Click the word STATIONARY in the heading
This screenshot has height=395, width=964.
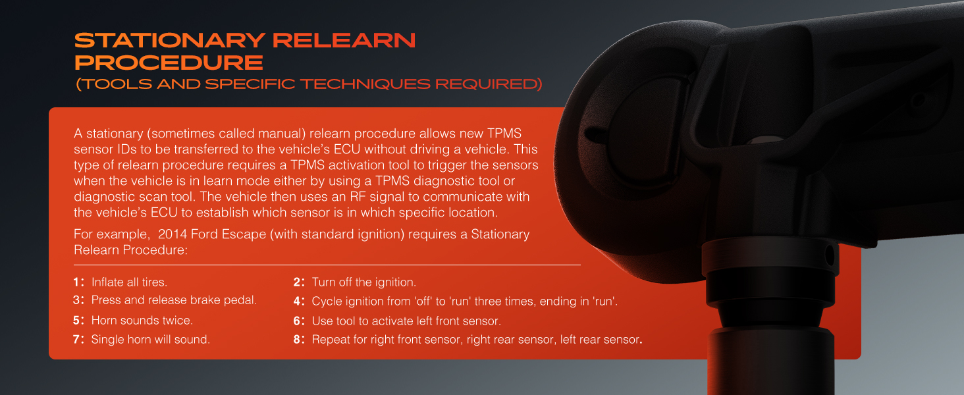(170, 40)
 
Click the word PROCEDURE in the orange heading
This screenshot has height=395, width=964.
(169, 63)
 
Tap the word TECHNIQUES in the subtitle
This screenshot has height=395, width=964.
(365, 84)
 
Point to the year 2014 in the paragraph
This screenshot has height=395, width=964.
(172, 234)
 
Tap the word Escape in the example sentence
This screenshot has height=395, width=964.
(245, 235)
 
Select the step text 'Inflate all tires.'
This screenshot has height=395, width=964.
(129, 282)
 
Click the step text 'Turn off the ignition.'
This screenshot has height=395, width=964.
(363, 282)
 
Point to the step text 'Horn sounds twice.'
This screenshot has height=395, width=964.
(142, 321)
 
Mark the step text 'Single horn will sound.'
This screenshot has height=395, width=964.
(151, 340)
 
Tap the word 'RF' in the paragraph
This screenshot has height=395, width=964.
(358, 197)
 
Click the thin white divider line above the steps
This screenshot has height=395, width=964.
(327, 265)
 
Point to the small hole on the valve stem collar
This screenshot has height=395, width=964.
(829, 257)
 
